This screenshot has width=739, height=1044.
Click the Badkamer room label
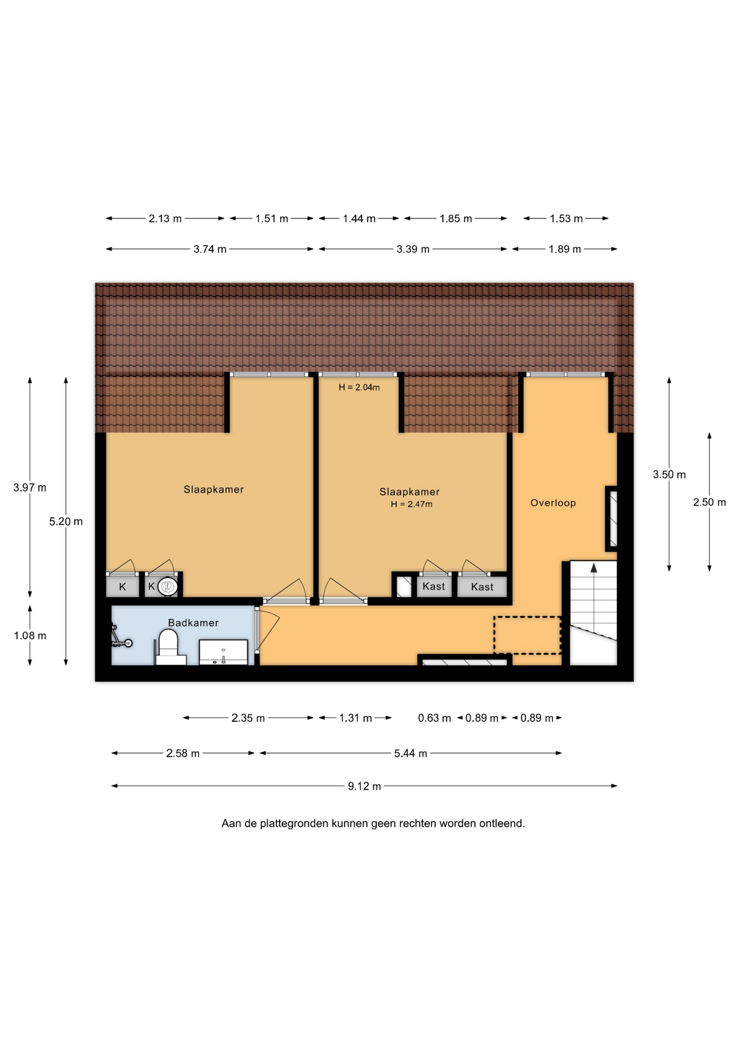pyautogui.click(x=193, y=623)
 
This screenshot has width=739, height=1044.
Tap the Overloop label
pyautogui.click(x=553, y=503)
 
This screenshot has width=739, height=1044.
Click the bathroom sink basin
pyautogui.click(x=223, y=652)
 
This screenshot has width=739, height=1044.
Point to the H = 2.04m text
pyautogui.click(x=359, y=387)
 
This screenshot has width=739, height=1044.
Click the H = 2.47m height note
pyautogui.click(x=411, y=504)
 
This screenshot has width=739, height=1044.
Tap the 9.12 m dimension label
pyautogui.click(x=364, y=786)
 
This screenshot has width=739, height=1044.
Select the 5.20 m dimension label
pyautogui.click(x=66, y=521)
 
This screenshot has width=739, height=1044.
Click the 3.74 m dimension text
pyautogui.click(x=210, y=249)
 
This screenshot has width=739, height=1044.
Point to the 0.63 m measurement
pyautogui.click(x=434, y=718)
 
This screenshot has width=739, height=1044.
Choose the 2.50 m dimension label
pyautogui.click(x=709, y=502)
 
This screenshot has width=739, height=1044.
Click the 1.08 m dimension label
pyautogui.click(x=30, y=635)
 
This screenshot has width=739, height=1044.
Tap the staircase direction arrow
pyautogui.click(x=594, y=568)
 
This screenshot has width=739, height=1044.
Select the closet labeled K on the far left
pyautogui.click(x=122, y=587)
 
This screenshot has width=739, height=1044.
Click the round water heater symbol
pyautogui.click(x=168, y=587)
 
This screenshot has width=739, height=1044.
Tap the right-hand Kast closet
pyautogui.click(x=482, y=587)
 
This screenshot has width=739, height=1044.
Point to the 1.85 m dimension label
pyautogui.click(x=455, y=219)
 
